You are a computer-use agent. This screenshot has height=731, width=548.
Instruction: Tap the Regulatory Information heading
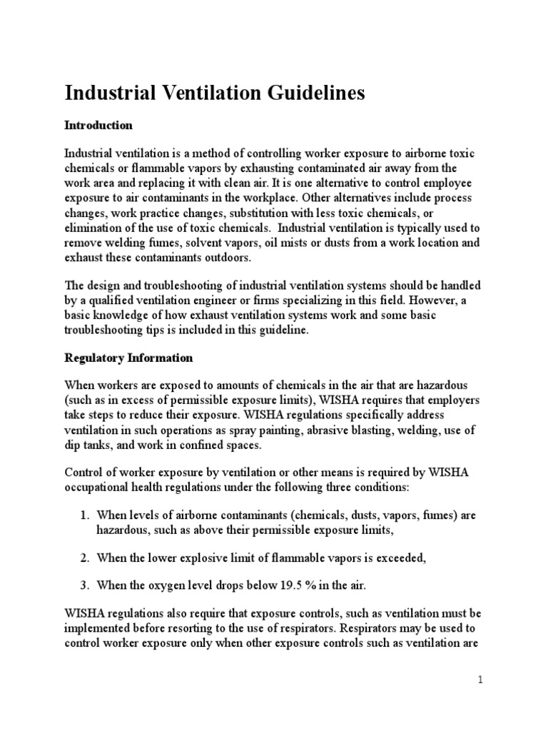(x=128, y=358)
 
